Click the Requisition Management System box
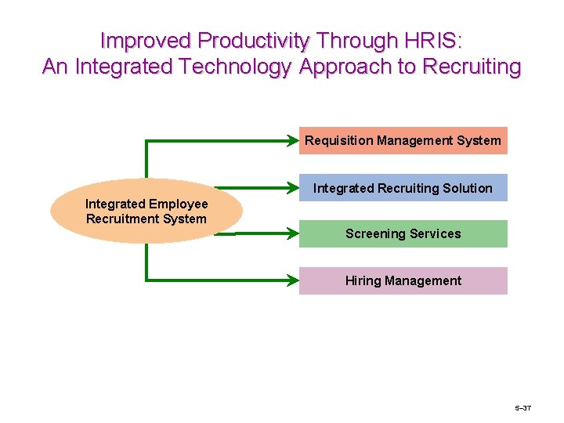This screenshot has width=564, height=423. (403, 140)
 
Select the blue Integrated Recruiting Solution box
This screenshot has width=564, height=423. (403, 188)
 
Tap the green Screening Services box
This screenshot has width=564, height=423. (403, 233)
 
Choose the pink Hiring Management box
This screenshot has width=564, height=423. (403, 280)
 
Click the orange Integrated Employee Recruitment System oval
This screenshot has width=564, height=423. (146, 211)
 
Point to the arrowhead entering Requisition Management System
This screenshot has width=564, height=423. (294, 141)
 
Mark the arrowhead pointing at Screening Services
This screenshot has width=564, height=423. (294, 233)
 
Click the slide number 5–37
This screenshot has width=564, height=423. (522, 408)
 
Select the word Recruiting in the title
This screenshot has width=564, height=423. (471, 67)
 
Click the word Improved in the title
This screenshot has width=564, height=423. (146, 40)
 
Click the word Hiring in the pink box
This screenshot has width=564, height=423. (363, 280)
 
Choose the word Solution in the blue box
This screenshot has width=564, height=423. (467, 188)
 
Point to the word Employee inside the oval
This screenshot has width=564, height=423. (179, 204)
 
